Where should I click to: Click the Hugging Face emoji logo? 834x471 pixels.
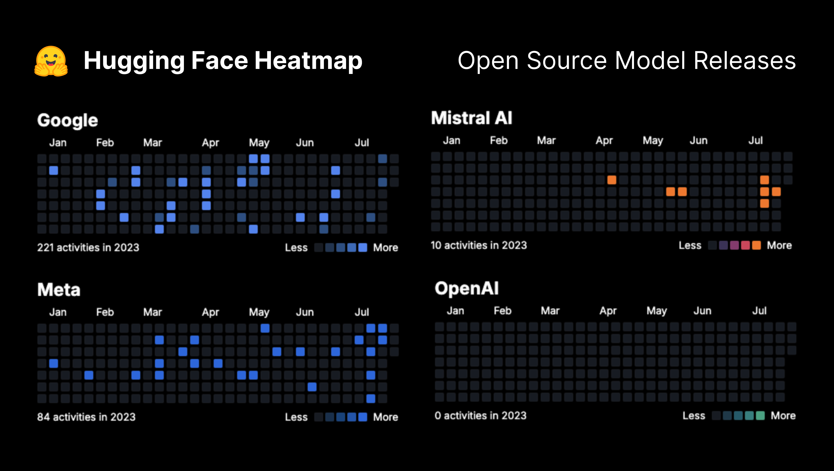51,61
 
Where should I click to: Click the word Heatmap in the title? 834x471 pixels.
308,61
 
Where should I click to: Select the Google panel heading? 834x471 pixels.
67,120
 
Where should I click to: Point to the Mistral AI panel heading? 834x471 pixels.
471,118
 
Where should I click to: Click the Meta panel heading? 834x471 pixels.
59,290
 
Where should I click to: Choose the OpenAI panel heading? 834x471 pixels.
467,288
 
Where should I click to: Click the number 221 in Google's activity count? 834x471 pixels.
45,247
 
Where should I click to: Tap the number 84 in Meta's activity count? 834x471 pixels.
43,417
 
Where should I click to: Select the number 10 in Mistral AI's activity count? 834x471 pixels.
436,245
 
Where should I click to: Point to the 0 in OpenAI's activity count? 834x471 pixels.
438,416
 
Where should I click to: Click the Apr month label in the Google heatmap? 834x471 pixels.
211,143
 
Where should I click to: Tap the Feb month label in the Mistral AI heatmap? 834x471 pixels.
499,140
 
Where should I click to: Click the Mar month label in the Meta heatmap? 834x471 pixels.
153,312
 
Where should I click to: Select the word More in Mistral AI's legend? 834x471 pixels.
779,245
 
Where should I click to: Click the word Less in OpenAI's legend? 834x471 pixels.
694,416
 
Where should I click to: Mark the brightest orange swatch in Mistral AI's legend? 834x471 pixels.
757,245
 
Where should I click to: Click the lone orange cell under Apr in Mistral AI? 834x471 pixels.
611,180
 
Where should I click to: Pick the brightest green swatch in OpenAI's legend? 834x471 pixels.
760,416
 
